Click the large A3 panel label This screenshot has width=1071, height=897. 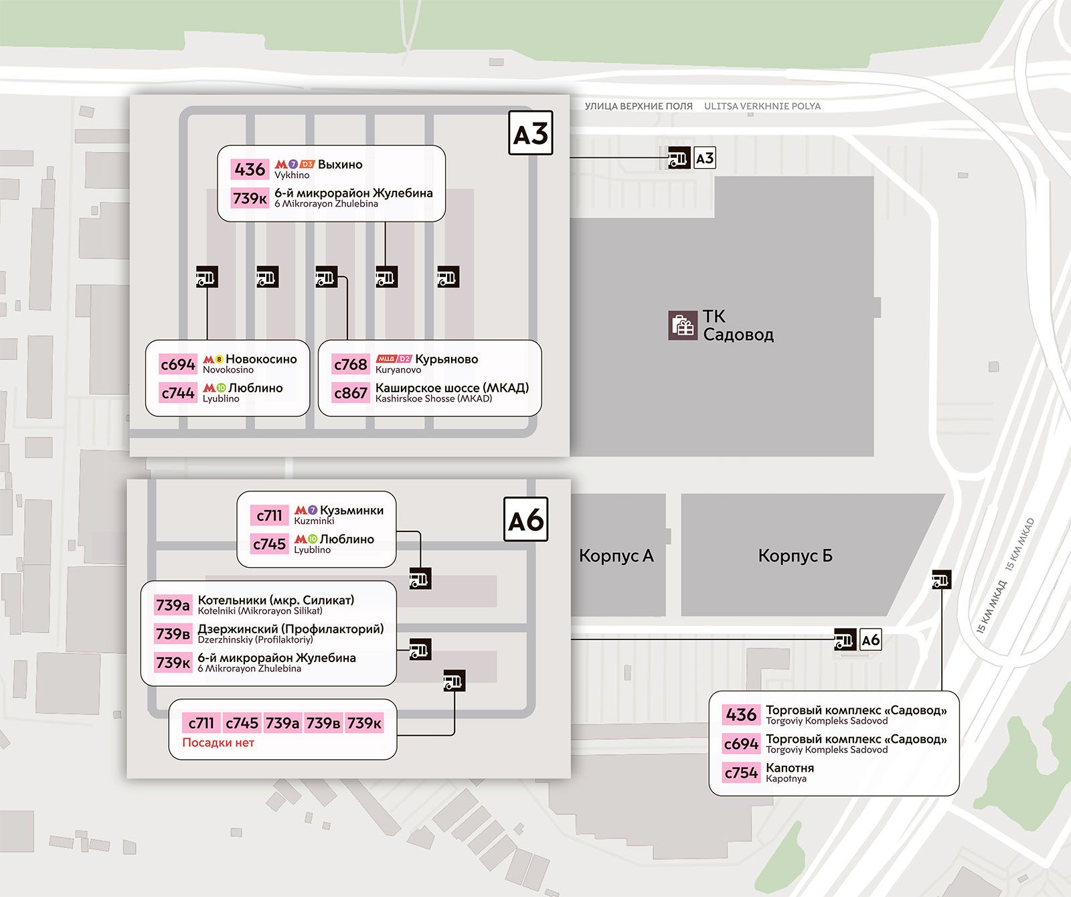(x=530, y=133)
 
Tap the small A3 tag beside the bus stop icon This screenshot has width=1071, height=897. (x=705, y=158)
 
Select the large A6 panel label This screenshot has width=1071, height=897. (x=525, y=519)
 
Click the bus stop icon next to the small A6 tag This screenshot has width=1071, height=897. (x=845, y=640)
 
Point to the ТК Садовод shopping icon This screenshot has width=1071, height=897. (x=682, y=325)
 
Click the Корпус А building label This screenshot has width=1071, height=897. (x=616, y=556)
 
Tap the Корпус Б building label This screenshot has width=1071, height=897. (x=795, y=556)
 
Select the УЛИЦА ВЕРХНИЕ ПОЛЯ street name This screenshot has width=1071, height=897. (x=639, y=106)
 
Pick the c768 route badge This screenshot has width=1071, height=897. (x=351, y=364)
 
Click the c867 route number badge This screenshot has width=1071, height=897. (x=351, y=393)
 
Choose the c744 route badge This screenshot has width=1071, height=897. (x=178, y=393)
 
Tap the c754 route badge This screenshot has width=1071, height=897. (x=741, y=772)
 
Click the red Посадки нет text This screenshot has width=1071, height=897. (x=218, y=742)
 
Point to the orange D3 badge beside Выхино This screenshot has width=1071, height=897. (x=307, y=164)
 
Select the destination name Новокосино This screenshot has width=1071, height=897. (x=261, y=359)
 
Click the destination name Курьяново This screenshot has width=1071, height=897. (x=446, y=359)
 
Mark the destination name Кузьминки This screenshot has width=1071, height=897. (x=352, y=510)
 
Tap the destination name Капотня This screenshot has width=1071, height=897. (x=790, y=768)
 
